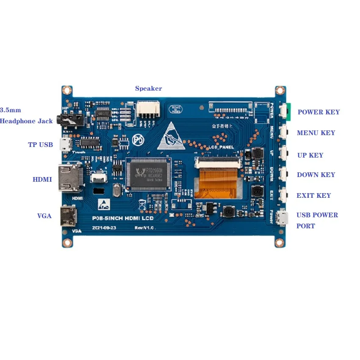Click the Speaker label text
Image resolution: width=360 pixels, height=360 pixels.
(148, 89)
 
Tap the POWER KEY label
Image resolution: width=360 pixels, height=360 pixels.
(318, 112)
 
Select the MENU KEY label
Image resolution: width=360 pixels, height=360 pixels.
(316, 133)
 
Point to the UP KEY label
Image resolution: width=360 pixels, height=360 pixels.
(310, 155)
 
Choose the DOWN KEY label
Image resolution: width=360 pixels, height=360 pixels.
(316, 175)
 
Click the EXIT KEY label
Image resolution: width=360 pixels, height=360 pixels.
(313, 196)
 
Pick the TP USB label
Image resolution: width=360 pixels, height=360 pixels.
(40, 145)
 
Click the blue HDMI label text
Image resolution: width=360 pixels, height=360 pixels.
(42, 180)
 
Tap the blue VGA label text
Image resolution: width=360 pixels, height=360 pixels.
(44, 216)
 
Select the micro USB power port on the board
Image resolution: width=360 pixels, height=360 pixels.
(282, 218)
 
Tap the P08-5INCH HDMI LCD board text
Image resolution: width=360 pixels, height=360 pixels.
(123, 219)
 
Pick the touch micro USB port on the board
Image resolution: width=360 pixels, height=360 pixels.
(65, 144)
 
